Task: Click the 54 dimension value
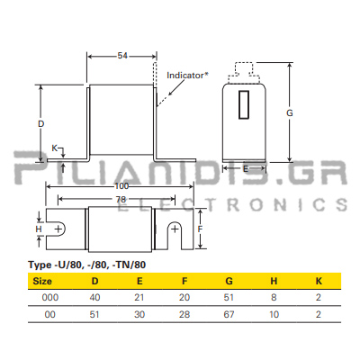(x=122, y=56)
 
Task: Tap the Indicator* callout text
(x=187, y=76)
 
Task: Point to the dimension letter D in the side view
(x=40, y=123)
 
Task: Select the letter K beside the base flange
(x=54, y=148)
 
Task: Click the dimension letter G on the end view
(x=290, y=113)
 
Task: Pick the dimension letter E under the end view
(x=246, y=169)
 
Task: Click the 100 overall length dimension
(x=121, y=186)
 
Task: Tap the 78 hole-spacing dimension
(x=121, y=199)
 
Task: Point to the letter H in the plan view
(x=39, y=229)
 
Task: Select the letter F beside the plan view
(x=200, y=229)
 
